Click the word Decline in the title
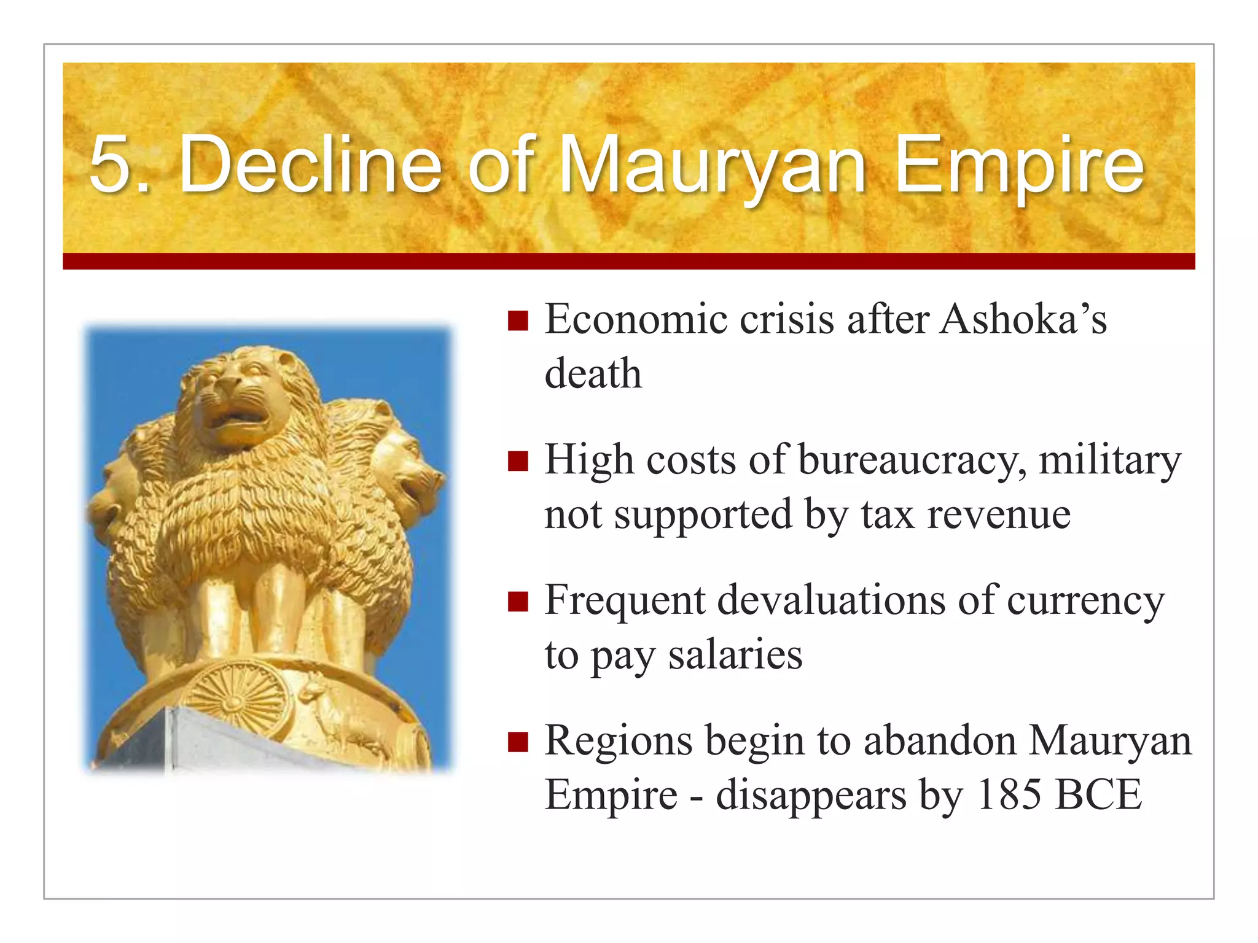click(310, 165)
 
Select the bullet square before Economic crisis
click(518, 321)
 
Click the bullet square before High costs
click(518, 461)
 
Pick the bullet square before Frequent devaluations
click(518, 602)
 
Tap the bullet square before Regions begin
click(518, 742)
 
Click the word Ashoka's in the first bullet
click(1023, 319)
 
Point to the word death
click(593, 373)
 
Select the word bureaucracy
click(912, 460)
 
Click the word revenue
click(999, 514)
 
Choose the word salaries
click(735, 654)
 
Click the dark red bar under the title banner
click(628, 262)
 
